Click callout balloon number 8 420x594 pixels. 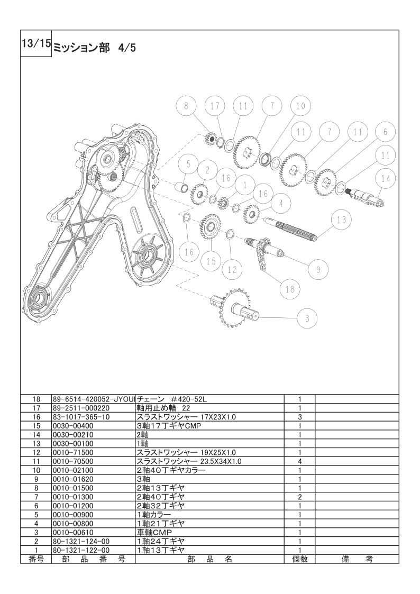point(186,106)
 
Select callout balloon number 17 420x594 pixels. point(215,106)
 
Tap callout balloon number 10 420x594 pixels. point(300,106)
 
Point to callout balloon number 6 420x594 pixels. point(386,132)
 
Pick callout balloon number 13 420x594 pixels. point(342,220)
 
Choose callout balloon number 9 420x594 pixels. point(318,269)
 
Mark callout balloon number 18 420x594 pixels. point(290,289)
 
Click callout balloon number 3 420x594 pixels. point(307,318)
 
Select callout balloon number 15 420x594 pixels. point(212,261)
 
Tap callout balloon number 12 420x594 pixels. point(232,269)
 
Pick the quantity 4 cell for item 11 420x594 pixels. point(299,462)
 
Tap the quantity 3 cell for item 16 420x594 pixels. point(299,417)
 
